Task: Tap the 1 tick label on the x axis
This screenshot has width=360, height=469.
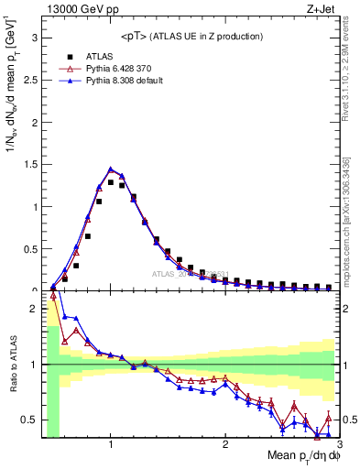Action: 110,445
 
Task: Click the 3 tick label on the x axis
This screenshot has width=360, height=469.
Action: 338,445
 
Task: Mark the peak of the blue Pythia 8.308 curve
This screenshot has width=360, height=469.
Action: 111,169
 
